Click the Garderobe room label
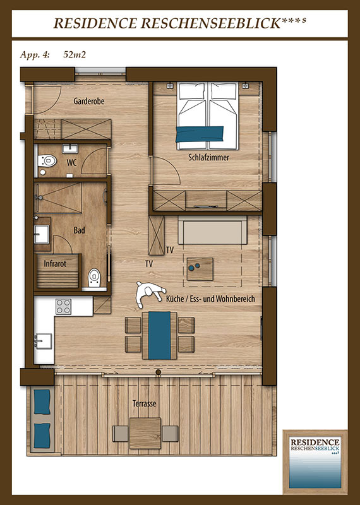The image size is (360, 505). [89, 101]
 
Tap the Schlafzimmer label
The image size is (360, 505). [209, 157]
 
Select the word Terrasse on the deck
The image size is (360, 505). [145, 403]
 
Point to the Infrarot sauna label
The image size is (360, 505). [55, 264]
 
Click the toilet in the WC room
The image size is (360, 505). [47, 160]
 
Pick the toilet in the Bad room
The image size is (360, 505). [94, 278]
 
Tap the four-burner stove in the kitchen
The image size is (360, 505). [63, 306]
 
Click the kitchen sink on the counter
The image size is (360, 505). [43, 341]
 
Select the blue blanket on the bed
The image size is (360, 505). [200, 134]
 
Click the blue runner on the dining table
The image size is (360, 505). [160, 335]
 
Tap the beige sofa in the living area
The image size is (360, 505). [212, 230]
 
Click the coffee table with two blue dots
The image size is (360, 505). [200, 269]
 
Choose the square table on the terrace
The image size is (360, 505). [145, 433]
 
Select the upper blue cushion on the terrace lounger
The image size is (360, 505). [42, 401]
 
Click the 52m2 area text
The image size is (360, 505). [75, 55]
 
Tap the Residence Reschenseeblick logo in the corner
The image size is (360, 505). [315, 462]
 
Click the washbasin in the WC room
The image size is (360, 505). [70, 148]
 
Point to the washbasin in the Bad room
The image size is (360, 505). [42, 234]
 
